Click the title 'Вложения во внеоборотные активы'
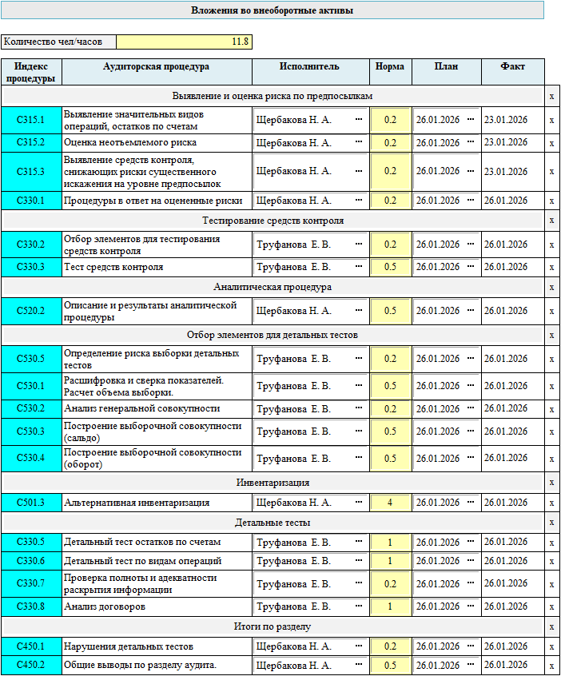tap(272, 10)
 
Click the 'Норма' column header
tap(390, 67)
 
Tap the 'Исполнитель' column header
tap(310, 67)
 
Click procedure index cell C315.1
tap(31, 120)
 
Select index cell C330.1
tap(31, 201)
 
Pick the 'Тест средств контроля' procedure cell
tap(157, 267)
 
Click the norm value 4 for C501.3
tap(390, 503)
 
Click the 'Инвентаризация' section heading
tap(273, 483)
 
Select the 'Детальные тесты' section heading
tap(273, 523)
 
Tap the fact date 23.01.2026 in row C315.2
tap(506, 142)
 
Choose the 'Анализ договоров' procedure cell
tap(157, 606)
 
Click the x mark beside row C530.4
tap(551, 459)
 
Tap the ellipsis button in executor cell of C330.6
tap(358, 561)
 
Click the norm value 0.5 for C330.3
tap(390, 267)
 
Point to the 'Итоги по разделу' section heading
tap(273, 626)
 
